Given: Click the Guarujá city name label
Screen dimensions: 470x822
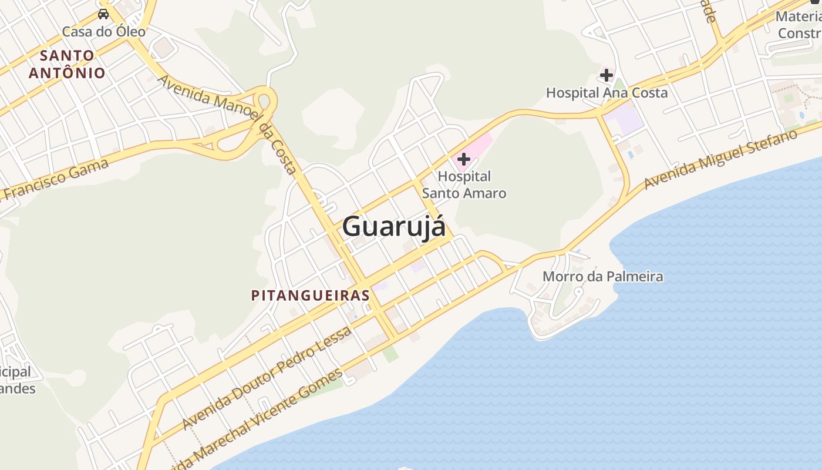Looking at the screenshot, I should [x=393, y=227].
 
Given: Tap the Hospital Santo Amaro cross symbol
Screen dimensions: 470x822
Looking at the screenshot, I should [x=464, y=159].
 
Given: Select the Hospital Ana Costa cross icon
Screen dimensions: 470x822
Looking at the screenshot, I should [x=606, y=75].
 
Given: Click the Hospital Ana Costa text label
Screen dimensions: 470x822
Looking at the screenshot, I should [x=607, y=93].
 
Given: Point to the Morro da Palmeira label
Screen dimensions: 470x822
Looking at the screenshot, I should [x=602, y=276].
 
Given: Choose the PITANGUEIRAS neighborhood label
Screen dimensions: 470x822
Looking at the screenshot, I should [x=311, y=295].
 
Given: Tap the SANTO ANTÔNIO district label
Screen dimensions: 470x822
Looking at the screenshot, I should [x=67, y=64].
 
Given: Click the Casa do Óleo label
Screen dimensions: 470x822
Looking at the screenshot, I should [x=104, y=31].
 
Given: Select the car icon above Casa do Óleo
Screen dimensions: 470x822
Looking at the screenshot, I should [x=103, y=14].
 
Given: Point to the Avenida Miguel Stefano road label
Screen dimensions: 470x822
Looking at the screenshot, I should [x=721, y=160].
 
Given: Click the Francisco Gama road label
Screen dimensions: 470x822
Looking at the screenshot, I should [x=56, y=179].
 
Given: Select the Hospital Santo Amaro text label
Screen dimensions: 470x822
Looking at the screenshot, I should [x=464, y=184].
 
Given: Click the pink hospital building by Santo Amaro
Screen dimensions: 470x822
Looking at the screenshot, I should [x=479, y=145].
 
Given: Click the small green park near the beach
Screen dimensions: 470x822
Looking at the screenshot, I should [x=390, y=354].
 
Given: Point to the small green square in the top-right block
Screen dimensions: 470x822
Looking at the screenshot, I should [x=789, y=98].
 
